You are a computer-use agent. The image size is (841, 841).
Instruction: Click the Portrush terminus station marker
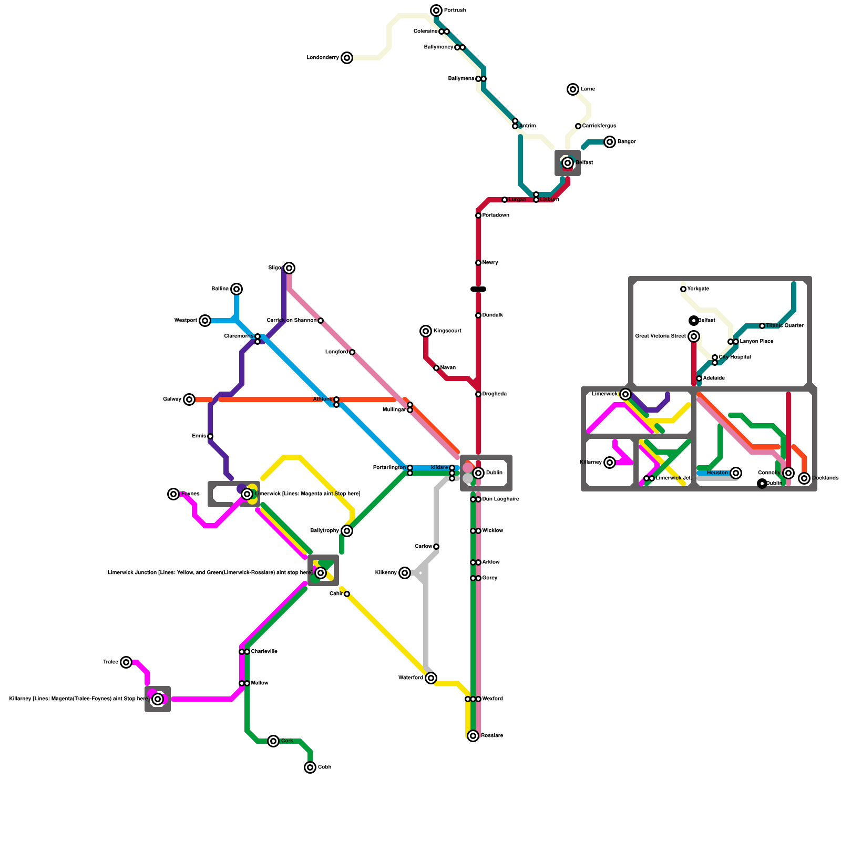pos(436,11)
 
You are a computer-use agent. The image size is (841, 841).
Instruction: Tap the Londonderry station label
pos(323,58)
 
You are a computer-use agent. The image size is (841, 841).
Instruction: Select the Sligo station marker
pos(289,268)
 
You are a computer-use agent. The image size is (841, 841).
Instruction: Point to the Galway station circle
pos(189,399)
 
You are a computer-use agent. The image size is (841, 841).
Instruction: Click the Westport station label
pos(186,321)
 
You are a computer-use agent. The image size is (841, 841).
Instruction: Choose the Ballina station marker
pos(237,289)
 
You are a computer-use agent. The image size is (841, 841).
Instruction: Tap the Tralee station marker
pos(126,662)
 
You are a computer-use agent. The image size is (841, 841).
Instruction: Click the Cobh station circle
pos(310,767)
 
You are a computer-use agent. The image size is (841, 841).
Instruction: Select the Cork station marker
pos(273,741)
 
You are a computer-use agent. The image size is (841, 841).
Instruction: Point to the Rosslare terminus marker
pos(473,736)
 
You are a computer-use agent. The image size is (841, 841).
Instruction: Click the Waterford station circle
pos(431,678)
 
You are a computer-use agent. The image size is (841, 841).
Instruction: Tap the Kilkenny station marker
pos(405,573)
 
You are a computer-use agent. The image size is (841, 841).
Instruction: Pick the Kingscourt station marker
pos(426,331)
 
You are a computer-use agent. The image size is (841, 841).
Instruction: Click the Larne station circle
pos(573,89)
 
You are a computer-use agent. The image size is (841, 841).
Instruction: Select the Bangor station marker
pos(610,142)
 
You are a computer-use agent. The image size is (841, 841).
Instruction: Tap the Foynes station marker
pos(173,494)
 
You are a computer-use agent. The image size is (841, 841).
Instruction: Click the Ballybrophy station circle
pos(347,531)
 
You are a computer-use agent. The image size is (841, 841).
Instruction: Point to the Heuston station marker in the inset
pos(736,473)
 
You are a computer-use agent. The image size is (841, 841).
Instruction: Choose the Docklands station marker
pos(804,478)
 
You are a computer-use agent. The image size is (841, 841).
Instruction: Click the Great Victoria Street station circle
pos(694,336)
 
